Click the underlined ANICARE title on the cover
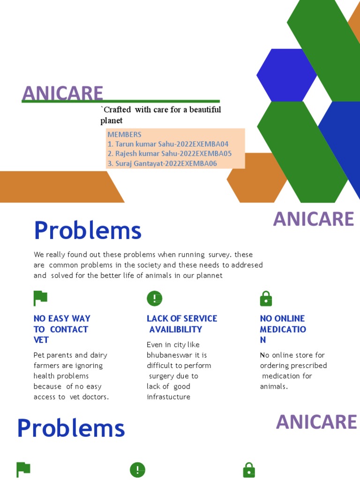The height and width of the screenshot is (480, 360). (x=62, y=93)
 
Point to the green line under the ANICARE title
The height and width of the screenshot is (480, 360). (x=120, y=101)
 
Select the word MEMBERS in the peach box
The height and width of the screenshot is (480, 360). (x=124, y=135)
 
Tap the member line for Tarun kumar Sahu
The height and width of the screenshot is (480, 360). (x=168, y=144)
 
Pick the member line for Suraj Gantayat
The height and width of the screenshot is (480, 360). (x=162, y=164)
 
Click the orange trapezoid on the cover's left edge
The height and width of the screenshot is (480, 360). (x=56, y=187)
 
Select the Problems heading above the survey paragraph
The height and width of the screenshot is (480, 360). (x=88, y=231)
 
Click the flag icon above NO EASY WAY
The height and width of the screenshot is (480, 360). (x=40, y=298)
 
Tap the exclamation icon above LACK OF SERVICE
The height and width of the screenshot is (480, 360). (x=154, y=298)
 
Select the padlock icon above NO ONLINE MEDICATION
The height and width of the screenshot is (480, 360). (x=266, y=298)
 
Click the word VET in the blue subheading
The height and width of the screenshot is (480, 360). (x=41, y=340)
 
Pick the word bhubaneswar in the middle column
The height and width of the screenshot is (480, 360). (x=171, y=355)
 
